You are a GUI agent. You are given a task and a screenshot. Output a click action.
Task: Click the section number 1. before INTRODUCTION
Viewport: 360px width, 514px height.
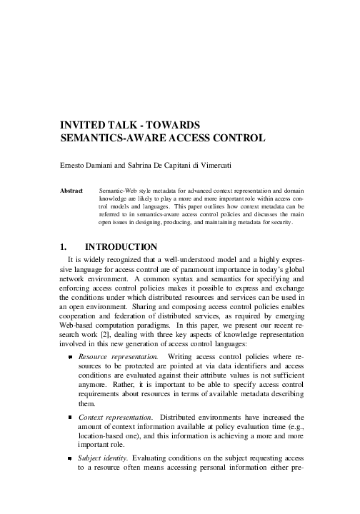click(x=63, y=247)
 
